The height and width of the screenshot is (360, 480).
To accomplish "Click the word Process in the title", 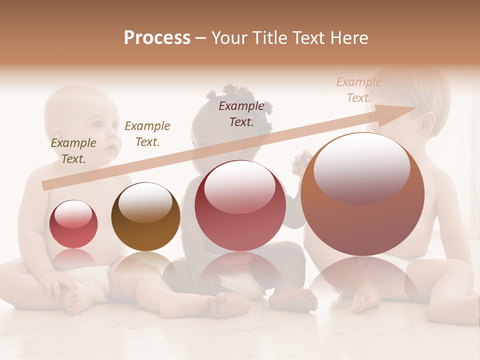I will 157,38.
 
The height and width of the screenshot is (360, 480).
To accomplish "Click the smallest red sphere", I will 73,224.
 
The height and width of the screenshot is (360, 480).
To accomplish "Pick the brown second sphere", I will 145,216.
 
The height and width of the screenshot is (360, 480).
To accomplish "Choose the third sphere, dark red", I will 240,205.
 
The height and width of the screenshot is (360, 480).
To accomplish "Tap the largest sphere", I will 362,194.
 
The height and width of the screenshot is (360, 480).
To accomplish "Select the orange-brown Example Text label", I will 147,134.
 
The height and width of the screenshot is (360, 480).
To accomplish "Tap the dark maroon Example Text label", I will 241,113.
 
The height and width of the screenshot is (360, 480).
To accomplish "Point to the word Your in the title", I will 229,38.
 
